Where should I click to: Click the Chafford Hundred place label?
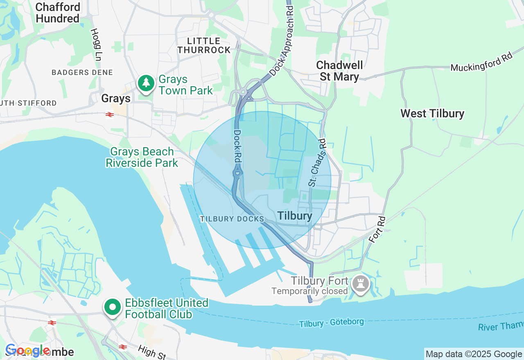(x=58, y=13)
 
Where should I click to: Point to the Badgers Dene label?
(x=82, y=72)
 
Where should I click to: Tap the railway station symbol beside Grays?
(x=109, y=115)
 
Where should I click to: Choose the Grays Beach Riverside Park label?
(x=142, y=157)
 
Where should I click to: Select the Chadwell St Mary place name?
(x=339, y=71)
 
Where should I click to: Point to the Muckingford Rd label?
(x=481, y=62)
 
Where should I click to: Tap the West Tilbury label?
(x=432, y=113)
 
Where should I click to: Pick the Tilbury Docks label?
(x=232, y=219)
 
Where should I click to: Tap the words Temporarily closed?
(x=309, y=291)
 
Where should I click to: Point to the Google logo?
(x=27, y=351)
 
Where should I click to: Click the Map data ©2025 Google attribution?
(x=474, y=354)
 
